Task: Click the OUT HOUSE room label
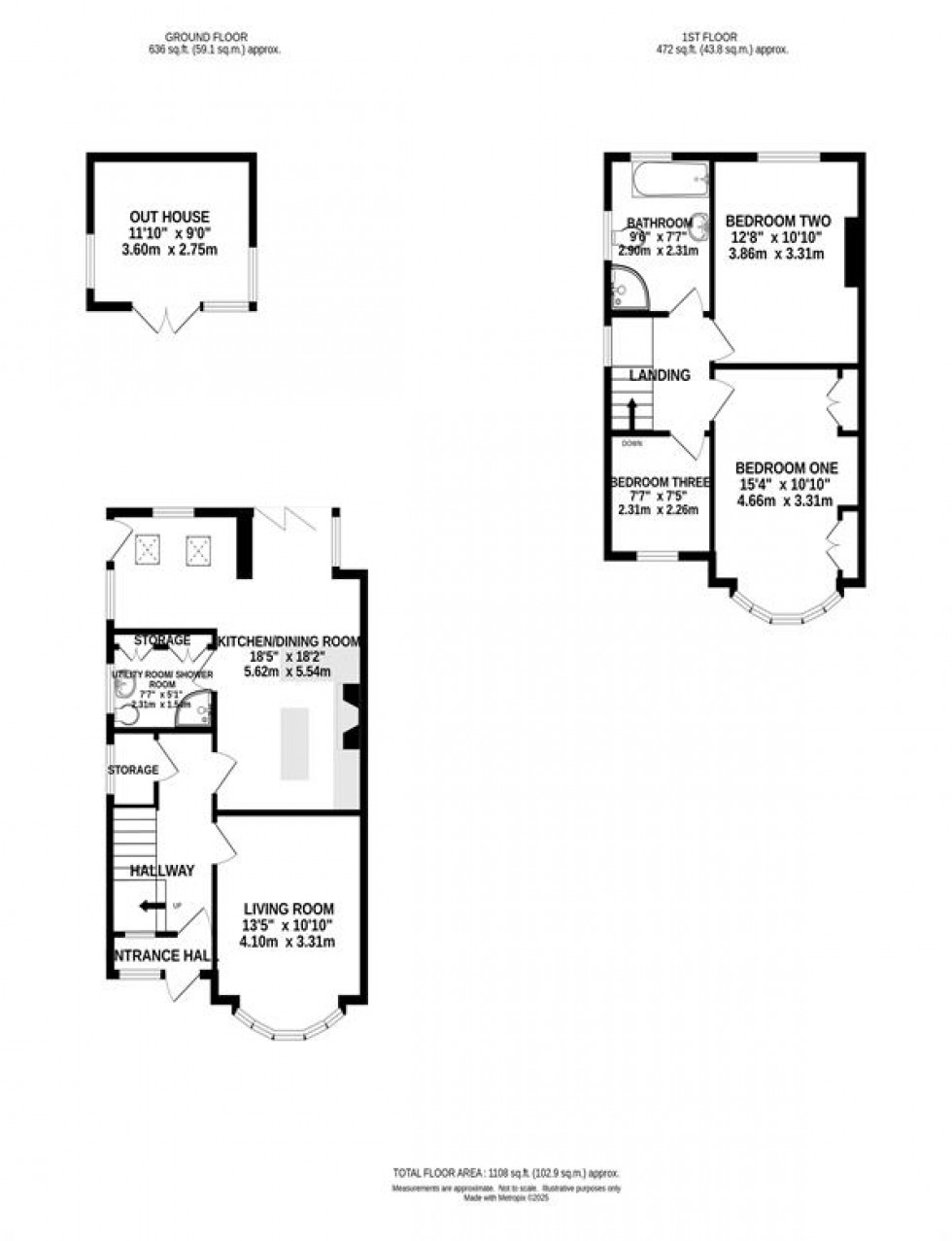pos(169,217)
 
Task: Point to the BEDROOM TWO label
pos(777,221)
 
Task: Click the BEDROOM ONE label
pos(786,467)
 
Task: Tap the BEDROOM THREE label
pos(660,482)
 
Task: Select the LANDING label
pos(660,375)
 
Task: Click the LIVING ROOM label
pos(289,909)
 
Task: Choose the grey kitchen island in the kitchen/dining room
pos(295,743)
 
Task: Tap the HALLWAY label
pos(162,871)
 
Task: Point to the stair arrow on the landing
pos(631,412)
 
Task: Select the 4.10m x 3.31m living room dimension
pos(289,942)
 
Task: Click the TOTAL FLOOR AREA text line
pos(505,1173)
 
